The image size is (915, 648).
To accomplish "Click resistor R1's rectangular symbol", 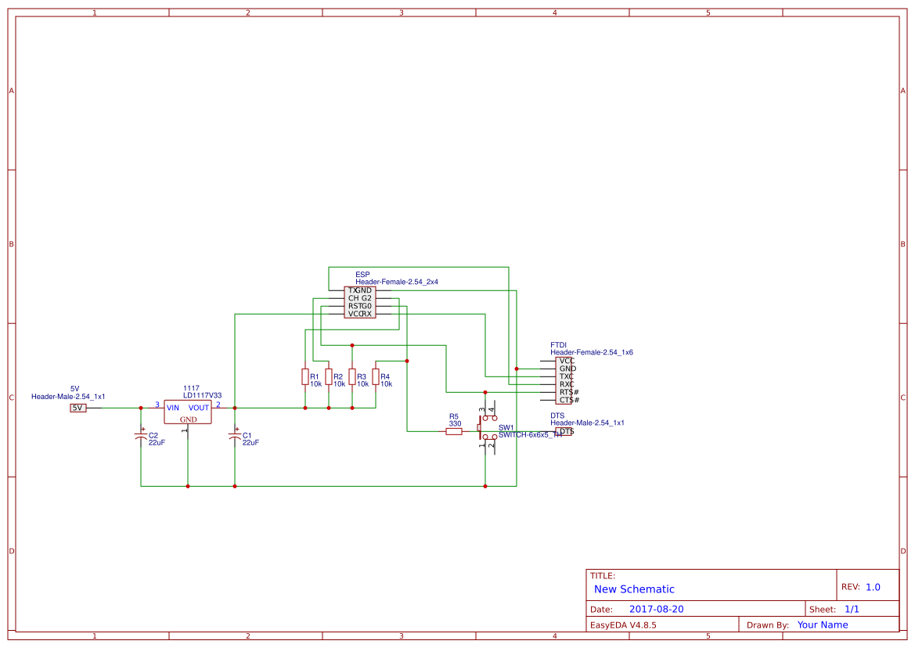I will point(305,377).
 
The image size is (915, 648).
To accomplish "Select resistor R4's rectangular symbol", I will point(376,377).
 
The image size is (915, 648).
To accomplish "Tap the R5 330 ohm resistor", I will point(454,431).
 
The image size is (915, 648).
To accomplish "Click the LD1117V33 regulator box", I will point(188,412).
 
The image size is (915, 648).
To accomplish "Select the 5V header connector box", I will point(78,408).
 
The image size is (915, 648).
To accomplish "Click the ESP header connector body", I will point(360,302).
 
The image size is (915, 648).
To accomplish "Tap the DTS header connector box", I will point(564,431).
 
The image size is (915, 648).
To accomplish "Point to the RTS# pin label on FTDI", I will point(569,392).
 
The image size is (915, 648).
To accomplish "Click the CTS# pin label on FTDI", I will point(569,400).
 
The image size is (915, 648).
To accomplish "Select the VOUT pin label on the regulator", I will point(199,408).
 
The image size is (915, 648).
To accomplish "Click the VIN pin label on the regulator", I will point(173,408).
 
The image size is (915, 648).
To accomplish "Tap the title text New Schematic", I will point(634,589).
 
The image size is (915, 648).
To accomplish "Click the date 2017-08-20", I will point(656,609).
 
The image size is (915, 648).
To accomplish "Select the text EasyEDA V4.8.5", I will point(623,625).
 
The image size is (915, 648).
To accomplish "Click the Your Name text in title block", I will point(823,625).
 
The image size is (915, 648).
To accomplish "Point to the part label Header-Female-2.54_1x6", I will point(592,353).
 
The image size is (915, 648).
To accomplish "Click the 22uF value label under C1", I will point(250,443).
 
